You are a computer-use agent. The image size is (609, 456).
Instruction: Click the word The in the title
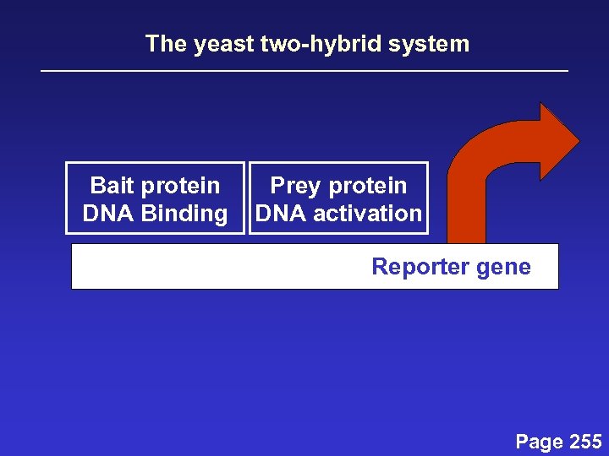coord(167,44)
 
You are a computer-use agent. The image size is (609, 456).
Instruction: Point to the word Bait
coord(114,185)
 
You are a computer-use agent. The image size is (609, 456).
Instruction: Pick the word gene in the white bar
coord(503,267)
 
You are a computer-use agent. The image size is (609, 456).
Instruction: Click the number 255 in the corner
coord(585,442)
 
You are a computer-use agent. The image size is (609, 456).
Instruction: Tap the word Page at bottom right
coord(540,442)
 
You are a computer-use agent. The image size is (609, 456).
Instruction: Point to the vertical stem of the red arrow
coord(466,211)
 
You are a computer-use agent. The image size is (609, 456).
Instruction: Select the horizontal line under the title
coord(304,71)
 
